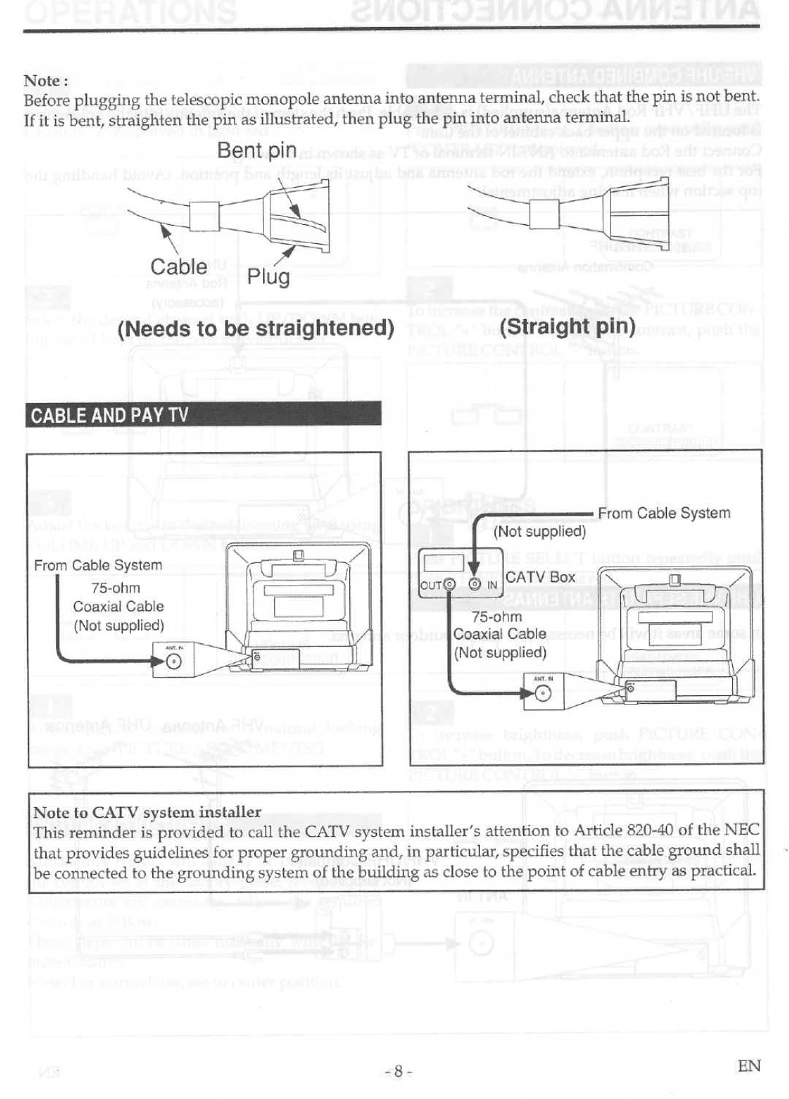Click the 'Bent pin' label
click(256, 150)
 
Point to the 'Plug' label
click(268, 277)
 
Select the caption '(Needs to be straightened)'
click(256, 328)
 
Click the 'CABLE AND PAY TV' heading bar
click(110, 416)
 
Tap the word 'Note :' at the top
click(45, 80)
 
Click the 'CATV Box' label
click(541, 577)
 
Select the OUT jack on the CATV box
click(449, 585)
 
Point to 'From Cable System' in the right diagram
click(664, 513)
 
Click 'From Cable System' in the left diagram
click(98, 565)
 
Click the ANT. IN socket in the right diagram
click(543, 693)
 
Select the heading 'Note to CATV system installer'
click(147, 812)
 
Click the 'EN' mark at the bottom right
click(749, 1065)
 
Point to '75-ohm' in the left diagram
click(115, 588)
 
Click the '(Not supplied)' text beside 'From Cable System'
click(540, 532)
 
